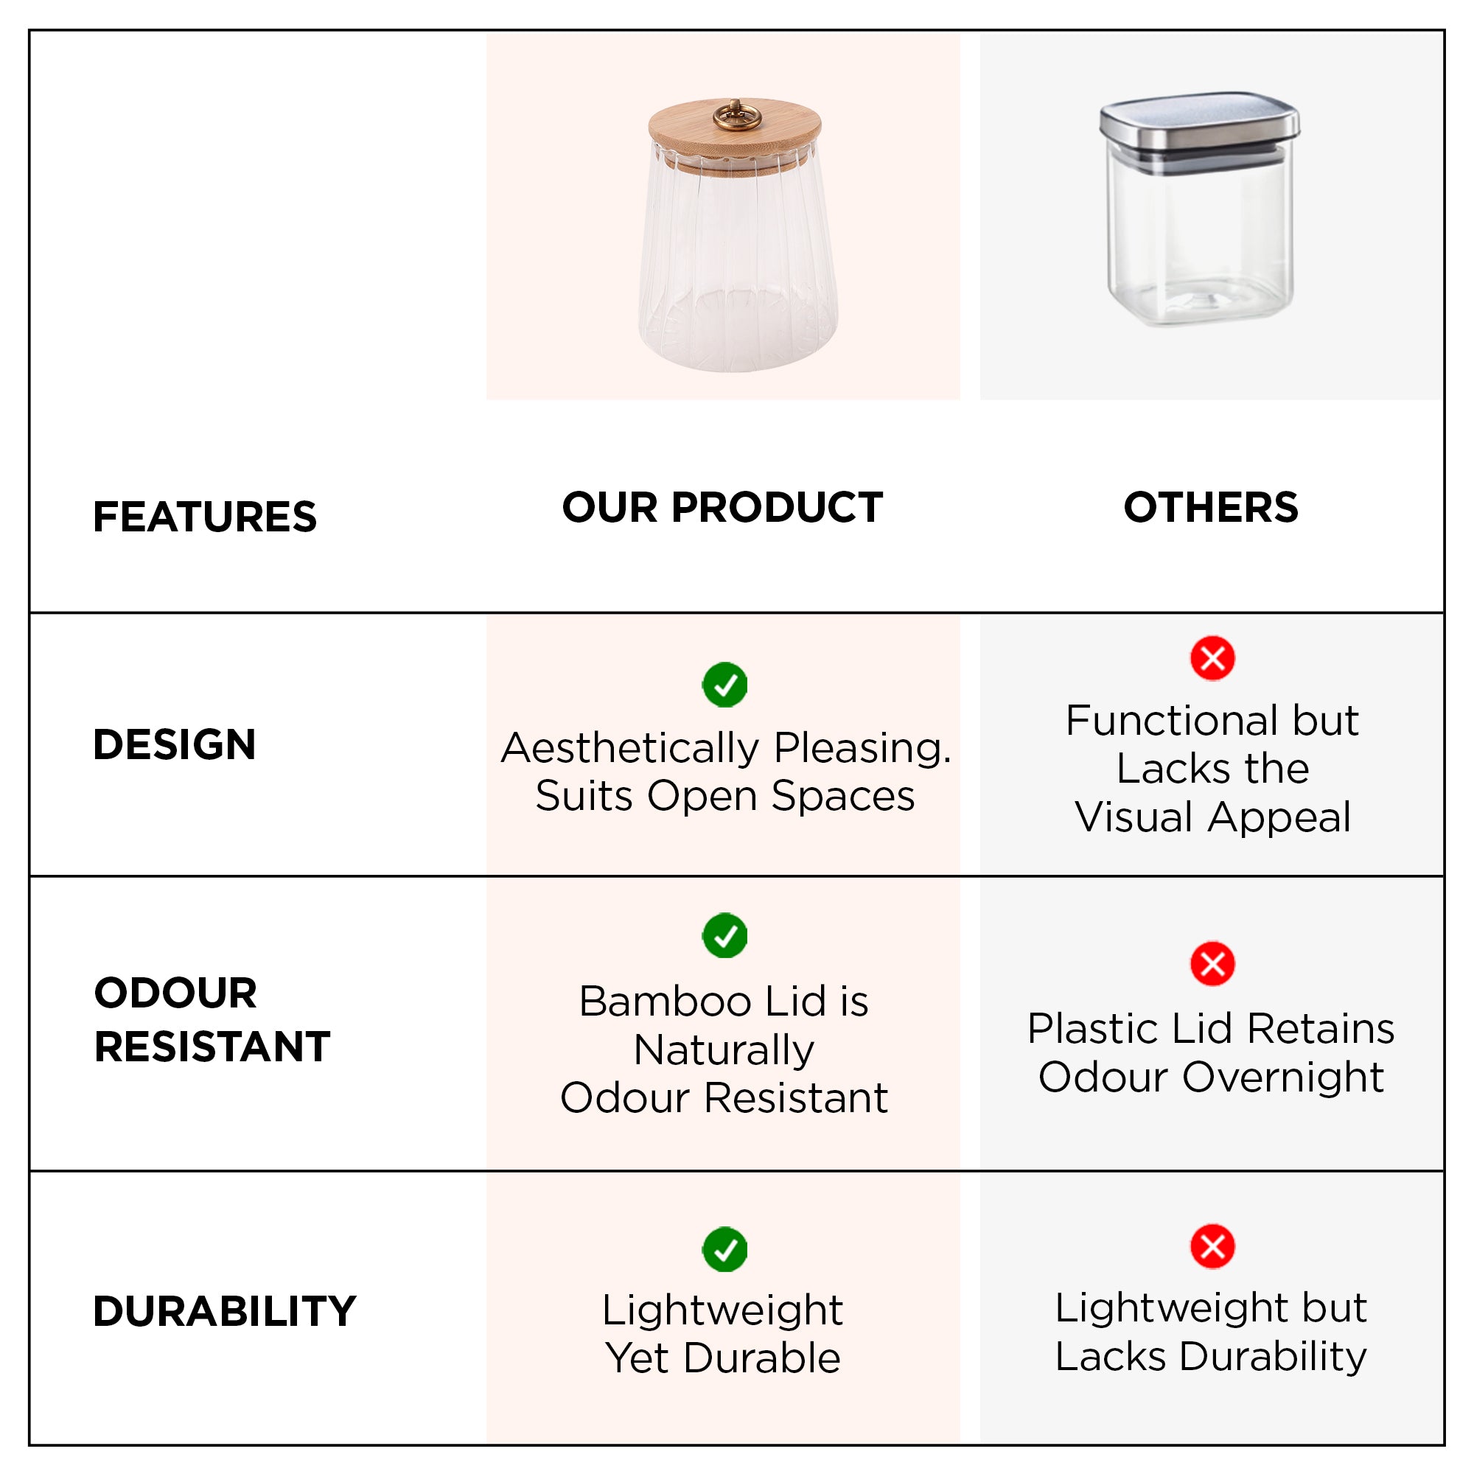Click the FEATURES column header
click(x=204, y=517)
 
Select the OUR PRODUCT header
click(x=722, y=507)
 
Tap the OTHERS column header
click(x=1211, y=507)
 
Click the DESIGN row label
click(x=174, y=744)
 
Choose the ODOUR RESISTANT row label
click(x=212, y=1019)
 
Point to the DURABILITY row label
click(x=224, y=1312)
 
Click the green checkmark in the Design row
click(x=724, y=685)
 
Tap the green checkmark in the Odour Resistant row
click(x=724, y=935)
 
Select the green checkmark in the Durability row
click(x=724, y=1249)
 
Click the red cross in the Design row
click(x=1212, y=657)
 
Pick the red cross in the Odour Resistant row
click(x=1212, y=963)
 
